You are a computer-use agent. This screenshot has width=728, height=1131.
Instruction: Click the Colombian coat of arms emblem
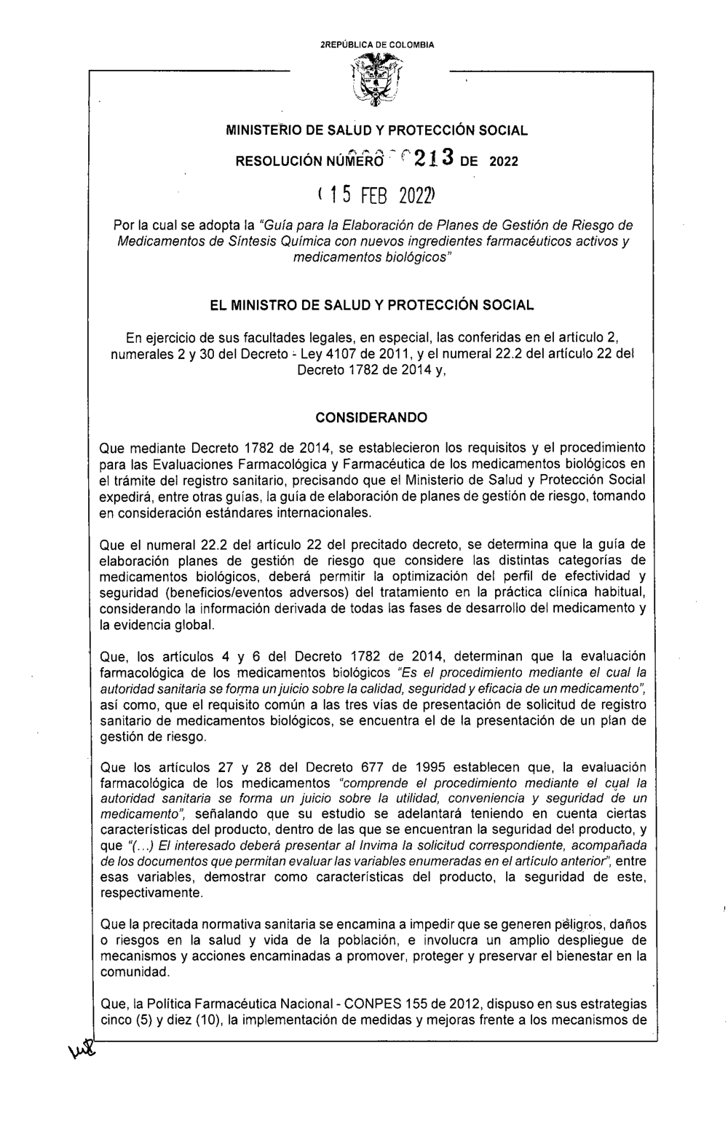(376, 84)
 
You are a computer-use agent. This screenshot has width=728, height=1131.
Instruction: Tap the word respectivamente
(151, 891)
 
